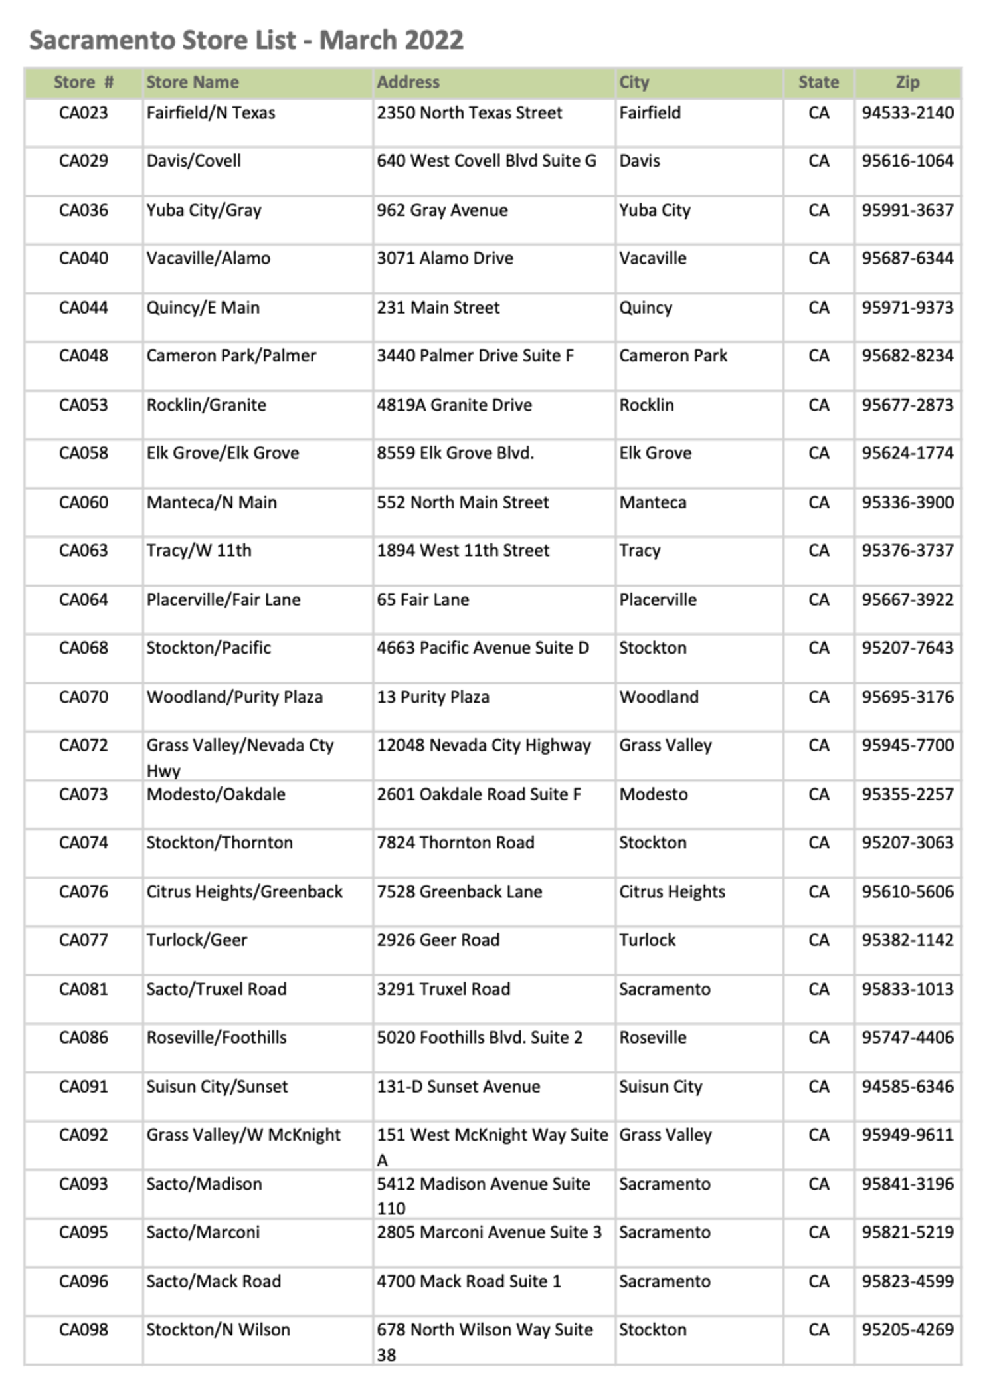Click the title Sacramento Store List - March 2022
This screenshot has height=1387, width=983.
tap(246, 41)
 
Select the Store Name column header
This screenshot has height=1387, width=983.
tap(192, 82)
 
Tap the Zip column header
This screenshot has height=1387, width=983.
tap(907, 82)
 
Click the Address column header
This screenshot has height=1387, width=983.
tap(408, 82)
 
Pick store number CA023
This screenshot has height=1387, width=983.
tap(83, 113)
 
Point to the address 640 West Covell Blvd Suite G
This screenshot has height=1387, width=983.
tap(486, 161)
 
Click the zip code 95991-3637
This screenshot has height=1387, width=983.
tap(907, 211)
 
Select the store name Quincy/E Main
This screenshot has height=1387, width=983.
tap(203, 308)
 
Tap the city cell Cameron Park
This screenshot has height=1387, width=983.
tap(673, 356)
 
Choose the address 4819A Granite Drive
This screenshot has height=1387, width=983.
tap(454, 405)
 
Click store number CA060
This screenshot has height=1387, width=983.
tap(83, 502)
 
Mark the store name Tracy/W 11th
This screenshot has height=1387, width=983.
tap(199, 551)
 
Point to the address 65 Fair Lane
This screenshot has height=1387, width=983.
tap(422, 600)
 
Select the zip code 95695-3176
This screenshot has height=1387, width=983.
tap(907, 697)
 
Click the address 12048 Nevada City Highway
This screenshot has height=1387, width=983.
tap(484, 746)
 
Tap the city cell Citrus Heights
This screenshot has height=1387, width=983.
tap(672, 892)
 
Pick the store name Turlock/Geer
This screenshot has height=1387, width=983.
tap(197, 941)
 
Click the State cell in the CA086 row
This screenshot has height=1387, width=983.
tap(818, 1038)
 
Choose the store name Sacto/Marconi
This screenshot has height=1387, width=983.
tap(203, 1232)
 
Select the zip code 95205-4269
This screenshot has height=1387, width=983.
tap(907, 1330)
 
